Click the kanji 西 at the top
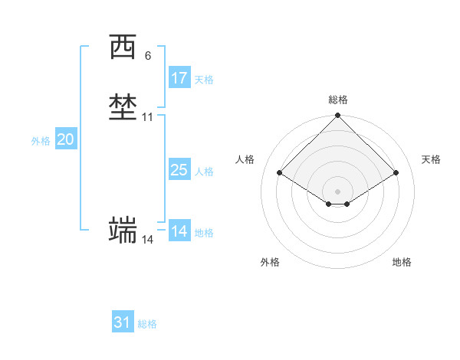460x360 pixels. pyautogui.click(x=123, y=48)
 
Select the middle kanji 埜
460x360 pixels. pyautogui.click(x=123, y=107)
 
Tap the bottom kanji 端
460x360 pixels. pyautogui.click(x=123, y=229)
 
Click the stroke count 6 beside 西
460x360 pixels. pyautogui.click(x=147, y=56)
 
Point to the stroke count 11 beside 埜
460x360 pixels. pyautogui.click(x=147, y=117)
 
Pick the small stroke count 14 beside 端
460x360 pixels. pyautogui.click(x=147, y=240)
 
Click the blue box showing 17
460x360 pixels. pyautogui.click(x=179, y=77)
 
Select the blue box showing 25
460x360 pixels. pyautogui.click(x=179, y=170)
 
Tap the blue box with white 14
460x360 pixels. pyautogui.click(x=179, y=231)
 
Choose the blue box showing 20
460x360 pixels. pyautogui.click(x=66, y=139)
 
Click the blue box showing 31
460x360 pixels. pyautogui.click(x=123, y=322)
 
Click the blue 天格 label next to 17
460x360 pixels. pyautogui.click(x=204, y=80)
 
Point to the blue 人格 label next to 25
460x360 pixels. pyautogui.click(x=204, y=172)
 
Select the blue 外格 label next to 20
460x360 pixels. pyautogui.click(x=41, y=142)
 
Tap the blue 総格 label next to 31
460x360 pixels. pyautogui.click(x=147, y=325)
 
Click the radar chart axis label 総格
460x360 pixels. pyautogui.click(x=338, y=100)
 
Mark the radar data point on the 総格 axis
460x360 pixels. pyautogui.click(x=338, y=116)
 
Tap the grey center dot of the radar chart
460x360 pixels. pyautogui.click(x=338, y=191)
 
